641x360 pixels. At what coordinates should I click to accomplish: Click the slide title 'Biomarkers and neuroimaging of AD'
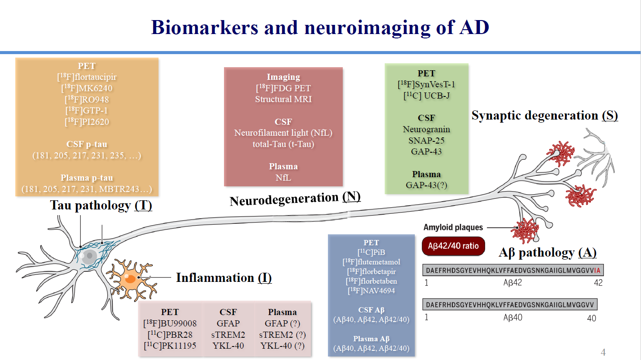320,27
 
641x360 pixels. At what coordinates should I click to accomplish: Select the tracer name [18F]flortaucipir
87,77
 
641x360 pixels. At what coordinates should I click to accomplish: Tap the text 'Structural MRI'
283,99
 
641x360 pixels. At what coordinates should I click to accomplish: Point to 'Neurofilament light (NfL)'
283,133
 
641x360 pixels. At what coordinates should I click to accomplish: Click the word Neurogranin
426,129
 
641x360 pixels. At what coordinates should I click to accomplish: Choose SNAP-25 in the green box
426,141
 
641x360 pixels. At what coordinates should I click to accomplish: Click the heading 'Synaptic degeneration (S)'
545,116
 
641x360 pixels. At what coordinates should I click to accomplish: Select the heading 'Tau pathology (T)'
101,205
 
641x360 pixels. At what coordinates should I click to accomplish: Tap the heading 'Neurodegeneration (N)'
295,199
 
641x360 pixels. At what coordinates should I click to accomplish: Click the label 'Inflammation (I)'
224,278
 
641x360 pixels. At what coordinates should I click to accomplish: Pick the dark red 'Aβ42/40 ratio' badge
453,246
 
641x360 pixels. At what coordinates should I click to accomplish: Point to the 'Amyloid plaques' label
453,227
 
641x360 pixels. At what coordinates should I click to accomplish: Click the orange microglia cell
131,278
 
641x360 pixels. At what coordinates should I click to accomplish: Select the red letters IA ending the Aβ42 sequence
597,271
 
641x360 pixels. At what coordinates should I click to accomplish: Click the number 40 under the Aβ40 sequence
592,318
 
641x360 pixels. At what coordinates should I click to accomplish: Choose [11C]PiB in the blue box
371,252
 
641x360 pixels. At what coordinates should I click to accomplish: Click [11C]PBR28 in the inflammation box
170,335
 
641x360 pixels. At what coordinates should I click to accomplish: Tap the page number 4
603,352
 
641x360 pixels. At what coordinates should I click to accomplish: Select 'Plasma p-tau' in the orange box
87,178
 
